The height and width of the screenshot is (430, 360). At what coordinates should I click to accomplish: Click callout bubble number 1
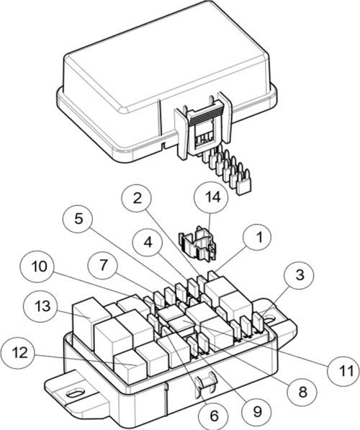[258, 237]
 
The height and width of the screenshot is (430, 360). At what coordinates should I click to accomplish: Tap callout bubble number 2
[137, 199]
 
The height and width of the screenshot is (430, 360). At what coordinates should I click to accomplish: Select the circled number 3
[300, 275]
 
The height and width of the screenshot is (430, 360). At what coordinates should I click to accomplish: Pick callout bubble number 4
[148, 241]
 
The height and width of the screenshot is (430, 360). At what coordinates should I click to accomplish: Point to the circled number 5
[78, 218]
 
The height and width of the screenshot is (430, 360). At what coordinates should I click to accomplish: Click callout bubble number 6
[214, 416]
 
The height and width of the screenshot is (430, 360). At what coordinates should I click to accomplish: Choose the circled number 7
[102, 266]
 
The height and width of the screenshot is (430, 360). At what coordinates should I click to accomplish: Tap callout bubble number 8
[302, 393]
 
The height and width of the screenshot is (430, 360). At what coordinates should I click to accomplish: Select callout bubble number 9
[256, 410]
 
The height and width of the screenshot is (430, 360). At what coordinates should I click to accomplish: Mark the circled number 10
[40, 266]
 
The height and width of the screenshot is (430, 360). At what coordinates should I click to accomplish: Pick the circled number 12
[19, 353]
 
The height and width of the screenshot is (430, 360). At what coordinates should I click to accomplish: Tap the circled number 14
[211, 197]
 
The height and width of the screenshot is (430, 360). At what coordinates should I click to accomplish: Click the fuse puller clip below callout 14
[197, 242]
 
